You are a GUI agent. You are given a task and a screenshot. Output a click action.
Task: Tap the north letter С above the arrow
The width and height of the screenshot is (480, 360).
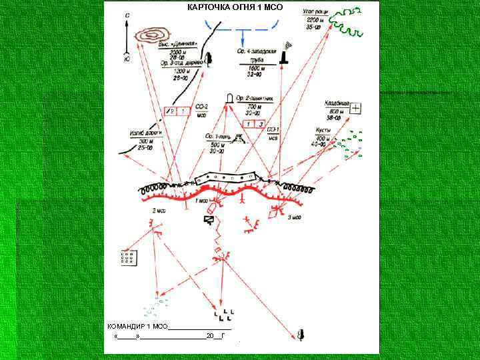click(127, 15)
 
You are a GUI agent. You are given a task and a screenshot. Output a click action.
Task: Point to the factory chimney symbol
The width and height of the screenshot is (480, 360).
click(285, 56)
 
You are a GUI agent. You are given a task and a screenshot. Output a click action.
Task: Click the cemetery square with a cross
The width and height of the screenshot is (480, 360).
click(356, 108)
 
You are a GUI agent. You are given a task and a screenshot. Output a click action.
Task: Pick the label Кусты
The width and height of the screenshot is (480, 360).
click(325, 130)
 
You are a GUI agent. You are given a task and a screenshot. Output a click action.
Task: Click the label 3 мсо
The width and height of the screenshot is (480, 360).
click(294, 217)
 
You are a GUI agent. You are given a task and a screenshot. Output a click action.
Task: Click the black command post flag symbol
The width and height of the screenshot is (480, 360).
click(211, 219)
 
